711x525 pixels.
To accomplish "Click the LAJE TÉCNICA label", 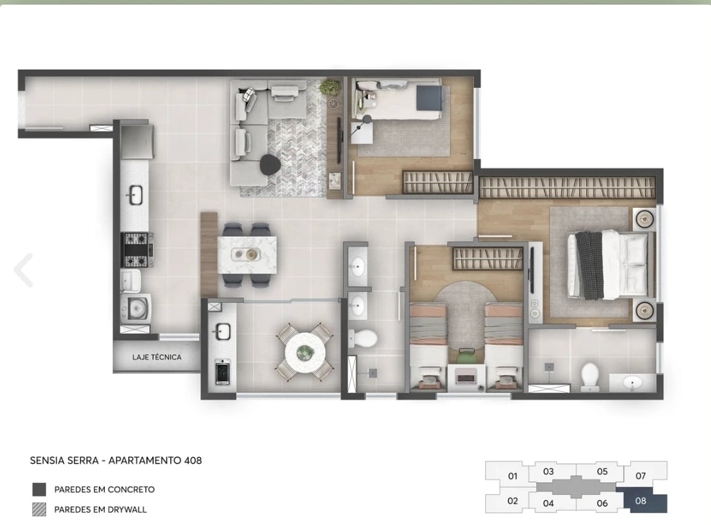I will point(156,357).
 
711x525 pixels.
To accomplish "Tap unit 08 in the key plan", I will point(640,501).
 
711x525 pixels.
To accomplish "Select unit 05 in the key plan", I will point(602,472).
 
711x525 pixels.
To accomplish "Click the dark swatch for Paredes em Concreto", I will point(40,489).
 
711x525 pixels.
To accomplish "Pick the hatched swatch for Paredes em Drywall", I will point(40,509).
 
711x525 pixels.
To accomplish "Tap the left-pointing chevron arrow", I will point(24,269).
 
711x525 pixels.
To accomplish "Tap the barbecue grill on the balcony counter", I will point(222,372).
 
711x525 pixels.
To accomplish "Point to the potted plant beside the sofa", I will point(330,88).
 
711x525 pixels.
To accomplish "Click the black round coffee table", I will point(269,164).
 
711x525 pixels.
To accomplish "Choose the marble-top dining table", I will point(247,254).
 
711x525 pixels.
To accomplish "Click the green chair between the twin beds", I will point(466,356).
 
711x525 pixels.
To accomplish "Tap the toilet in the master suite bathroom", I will point(589,374).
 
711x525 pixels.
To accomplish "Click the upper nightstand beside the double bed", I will point(643,218).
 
